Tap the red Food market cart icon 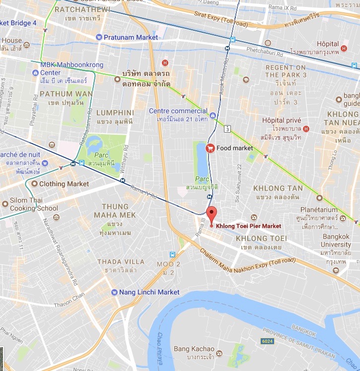(x=211, y=148)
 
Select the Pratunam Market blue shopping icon (x=99, y=37)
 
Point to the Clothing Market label (x=64, y=184)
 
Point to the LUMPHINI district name (x=115, y=113)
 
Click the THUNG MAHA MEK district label (x=115, y=211)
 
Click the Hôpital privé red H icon (x=306, y=129)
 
